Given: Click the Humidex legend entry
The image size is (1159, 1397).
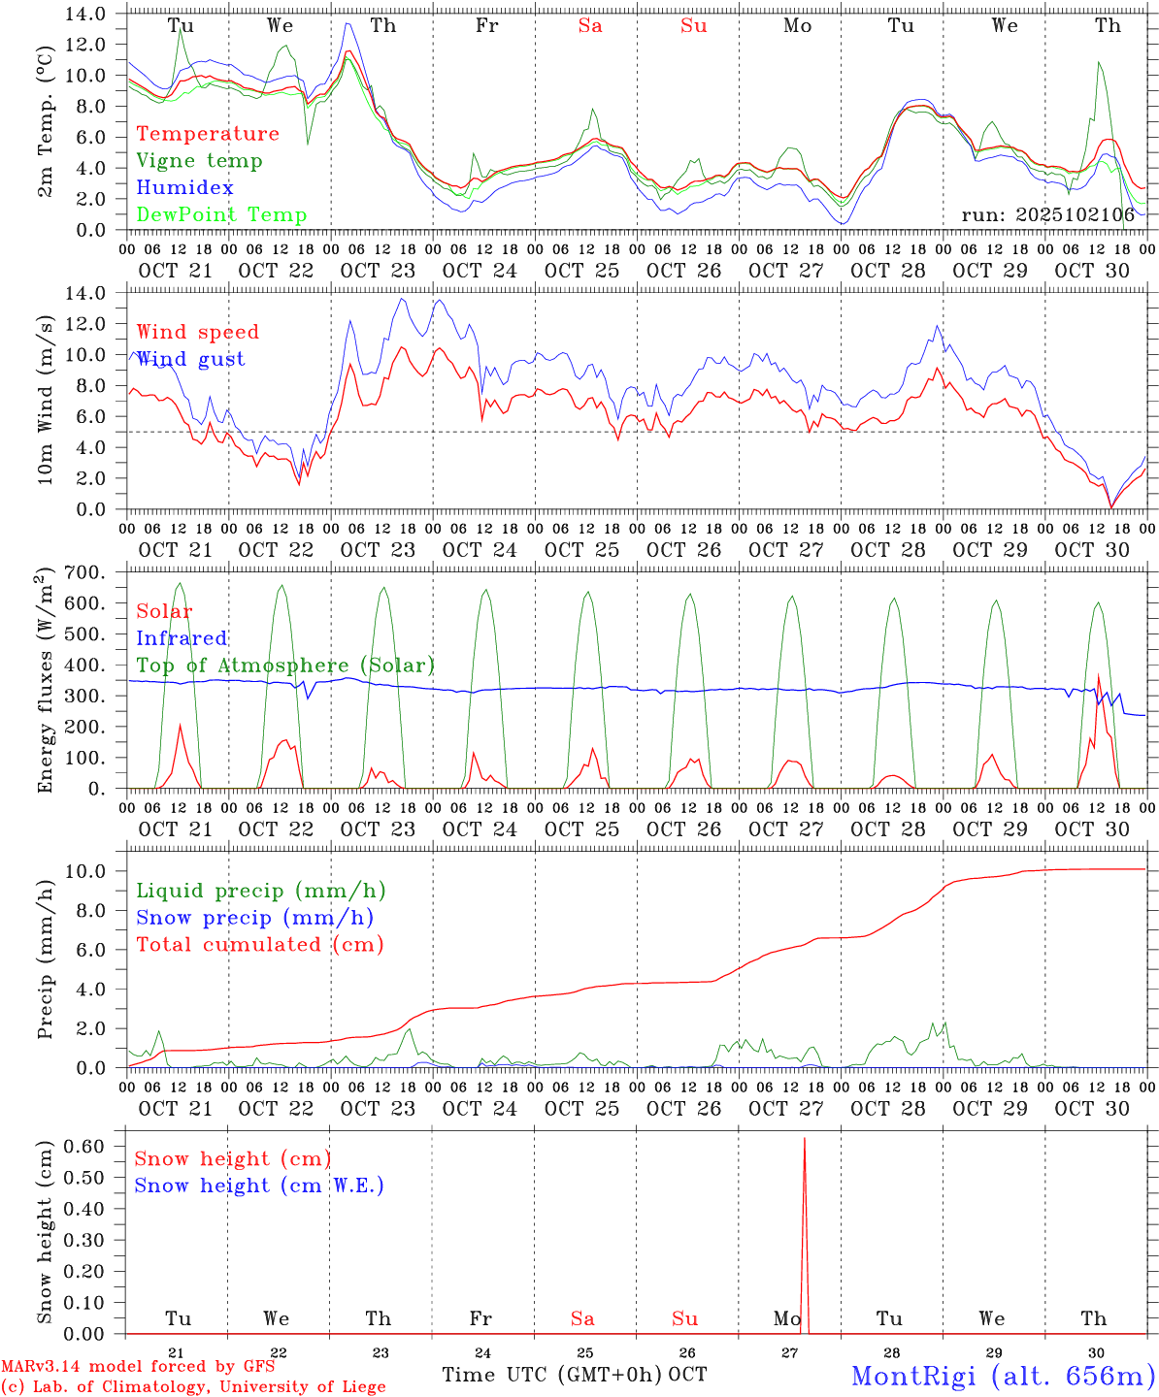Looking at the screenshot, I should click(184, 187).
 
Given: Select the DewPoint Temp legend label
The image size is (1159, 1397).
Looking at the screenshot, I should click(221, 214).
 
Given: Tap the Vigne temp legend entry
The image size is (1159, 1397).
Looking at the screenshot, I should click(199, 160).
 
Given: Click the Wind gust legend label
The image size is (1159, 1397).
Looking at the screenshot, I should click(190, 359).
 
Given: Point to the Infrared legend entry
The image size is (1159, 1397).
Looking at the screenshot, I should click(182, 638).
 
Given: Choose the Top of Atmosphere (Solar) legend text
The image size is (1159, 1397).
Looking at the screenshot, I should click(285, 666).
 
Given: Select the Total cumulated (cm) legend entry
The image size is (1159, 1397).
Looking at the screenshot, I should click(260, 944).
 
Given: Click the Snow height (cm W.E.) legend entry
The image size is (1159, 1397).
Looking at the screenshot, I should click(259, 1186).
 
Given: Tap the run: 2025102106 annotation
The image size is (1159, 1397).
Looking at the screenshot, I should click(1047, 214).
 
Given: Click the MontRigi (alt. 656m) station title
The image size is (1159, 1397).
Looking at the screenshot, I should click(1003, 1375).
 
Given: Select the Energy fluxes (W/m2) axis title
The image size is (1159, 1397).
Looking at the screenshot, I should click(46, 681).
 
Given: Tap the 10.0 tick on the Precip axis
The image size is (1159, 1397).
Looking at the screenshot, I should click(91, 871).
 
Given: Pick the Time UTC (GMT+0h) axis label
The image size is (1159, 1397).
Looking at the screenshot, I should click(551, 1375).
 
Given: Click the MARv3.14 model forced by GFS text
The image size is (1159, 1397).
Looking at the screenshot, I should click(138, 1367).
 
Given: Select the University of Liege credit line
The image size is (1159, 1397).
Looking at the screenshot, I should click(193, 1387).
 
